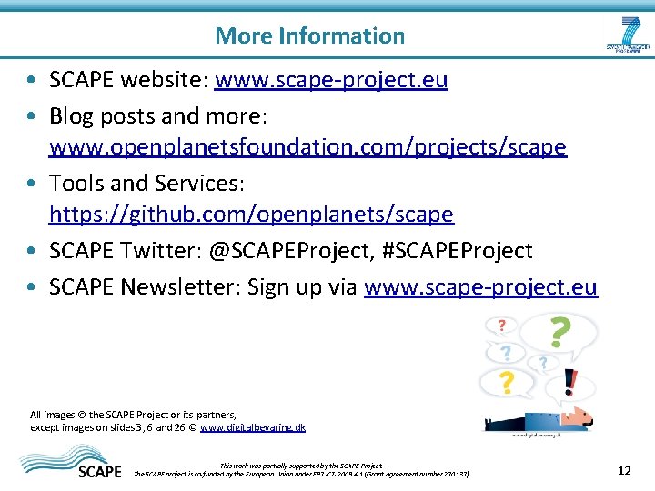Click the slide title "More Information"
point(309,36)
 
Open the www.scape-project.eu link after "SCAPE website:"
point(331,80)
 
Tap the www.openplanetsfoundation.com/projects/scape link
point(307,147)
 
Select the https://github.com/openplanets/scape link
point(251,215)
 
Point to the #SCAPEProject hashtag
point(469,250)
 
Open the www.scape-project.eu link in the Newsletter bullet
point(480,287)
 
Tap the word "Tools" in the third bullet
point(76,184)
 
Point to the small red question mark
point(501,325)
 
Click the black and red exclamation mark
point(569,382)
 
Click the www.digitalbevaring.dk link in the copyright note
point(253,426)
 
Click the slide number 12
point(623,470)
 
